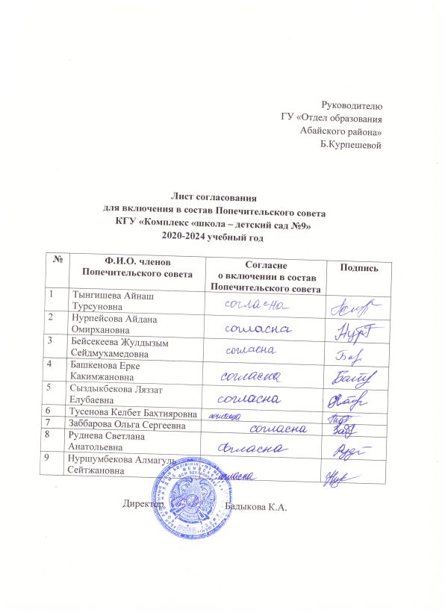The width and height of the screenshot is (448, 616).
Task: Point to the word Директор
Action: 143,505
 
